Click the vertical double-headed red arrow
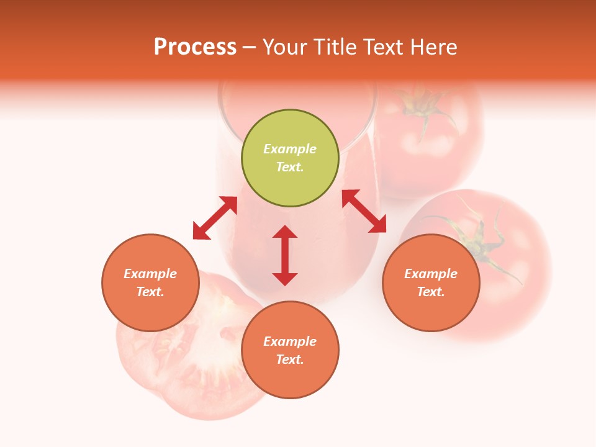pos(285,255)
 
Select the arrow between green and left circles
pos(215,218)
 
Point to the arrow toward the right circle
pos(364,211)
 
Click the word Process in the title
pos(195,47)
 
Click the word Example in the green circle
pos(290,149)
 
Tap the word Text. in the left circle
pos(150,292)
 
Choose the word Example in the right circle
pos(430,274)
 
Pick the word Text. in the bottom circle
pos(290,359)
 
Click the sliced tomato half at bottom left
pos(186,360)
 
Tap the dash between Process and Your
pos(250,47)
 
